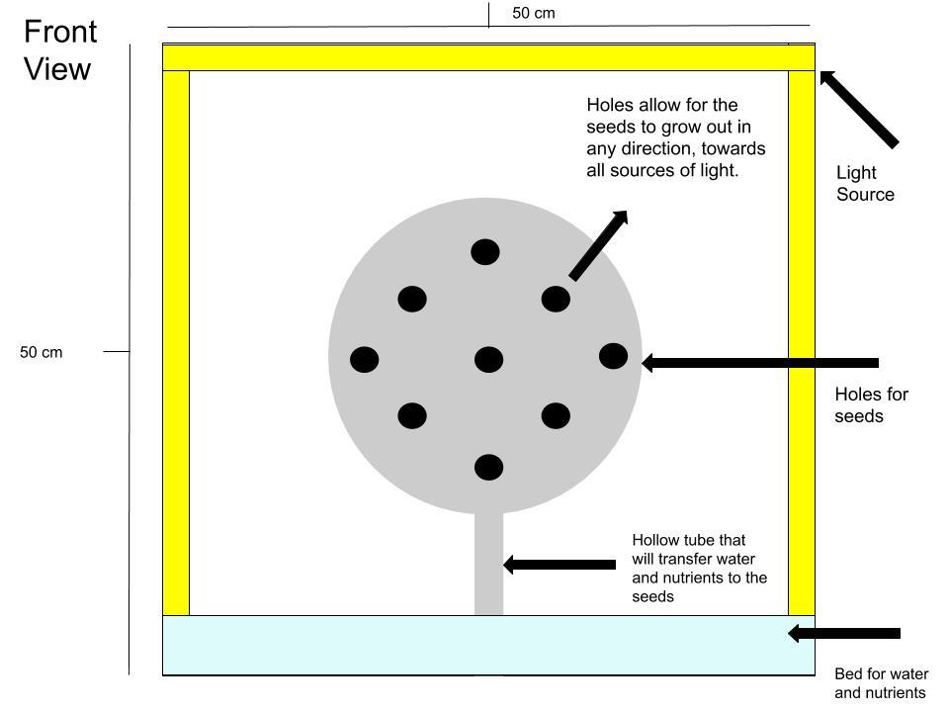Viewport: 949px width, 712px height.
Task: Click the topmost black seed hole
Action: pyautogui.click(x=485, y=252)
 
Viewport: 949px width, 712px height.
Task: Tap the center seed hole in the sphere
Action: pyautogui.click(x=489, y=360)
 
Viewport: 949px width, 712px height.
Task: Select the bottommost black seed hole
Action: pyautogui.click(x=489, y=468)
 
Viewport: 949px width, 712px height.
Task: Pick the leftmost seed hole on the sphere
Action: pyautogui.click(x=365, y=360)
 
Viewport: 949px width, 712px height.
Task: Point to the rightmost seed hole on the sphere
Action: pyautogui.click(x=613, y=356)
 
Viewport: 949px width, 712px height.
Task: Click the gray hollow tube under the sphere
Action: pyautogui.click(x=488, y=563)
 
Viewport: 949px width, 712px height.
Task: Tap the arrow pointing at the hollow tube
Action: pyautogui.click(x=560, y=565)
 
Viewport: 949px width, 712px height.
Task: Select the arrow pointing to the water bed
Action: pyautogui.click(x=844, y=633)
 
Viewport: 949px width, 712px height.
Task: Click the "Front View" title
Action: pyautogui.click(x=60, y=50)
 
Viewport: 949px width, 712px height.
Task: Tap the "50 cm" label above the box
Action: pyautogui.click(x=533, y=13)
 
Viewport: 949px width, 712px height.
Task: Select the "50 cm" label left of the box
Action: pyautogui.click(x=42, y=352)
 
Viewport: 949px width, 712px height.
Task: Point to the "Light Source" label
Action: pyautogui.click(x=866, y=184)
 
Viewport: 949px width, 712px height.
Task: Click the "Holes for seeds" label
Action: pyautogui.click(x=872, y=405)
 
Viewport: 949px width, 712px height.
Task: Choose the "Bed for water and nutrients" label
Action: pyautogui.click(x=881, y=683)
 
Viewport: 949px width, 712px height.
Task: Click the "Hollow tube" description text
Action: pyautogui.click(x=699, y=568)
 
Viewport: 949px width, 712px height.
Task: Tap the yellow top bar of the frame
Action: pyautogui.click(x=489, y=57)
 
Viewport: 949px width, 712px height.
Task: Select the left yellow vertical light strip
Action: pyautogui.click(x=176, y=343)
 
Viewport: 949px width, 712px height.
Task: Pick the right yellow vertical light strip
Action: pyautogui.click(x=802, y=343)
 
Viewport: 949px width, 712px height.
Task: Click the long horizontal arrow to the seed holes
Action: pyautogui.click(x=759, y=363)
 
